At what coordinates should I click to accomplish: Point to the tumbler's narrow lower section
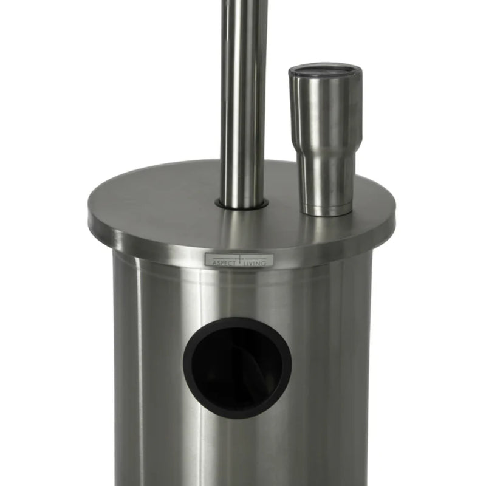click(x=327, y=182)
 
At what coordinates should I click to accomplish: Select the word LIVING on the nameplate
click(x=259, y=262)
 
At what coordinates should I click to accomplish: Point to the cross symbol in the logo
click(x=241, y=259)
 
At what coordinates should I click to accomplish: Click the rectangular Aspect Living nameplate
click(x=239, y=261)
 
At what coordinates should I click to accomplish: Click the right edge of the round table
click(x=393, y=216)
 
